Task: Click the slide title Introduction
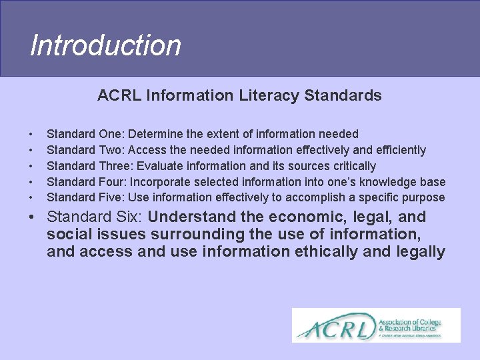coord(105,46)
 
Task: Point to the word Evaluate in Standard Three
coord(158,166)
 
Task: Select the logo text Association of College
coord(409,322)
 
